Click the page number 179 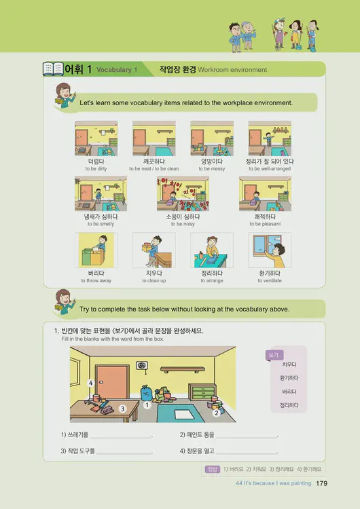[x=323, y=483]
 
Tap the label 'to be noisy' [x=183, y=224]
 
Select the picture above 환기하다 [x=270, y=250]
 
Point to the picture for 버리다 [x=96, y=250]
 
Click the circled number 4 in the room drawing [x=90, y=383]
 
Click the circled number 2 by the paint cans [x=216, y=412]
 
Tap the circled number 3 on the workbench [x=122, y=409]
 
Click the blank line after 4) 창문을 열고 [x=247, y=451]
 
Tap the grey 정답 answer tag [x=212, y=469]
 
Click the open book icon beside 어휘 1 [x=52, y=69]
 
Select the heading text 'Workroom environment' [x=233, y=70]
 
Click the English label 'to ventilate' [x=270, y=281]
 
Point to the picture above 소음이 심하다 [x=183, y=193]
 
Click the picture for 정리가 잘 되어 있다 [x=270, y=138]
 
